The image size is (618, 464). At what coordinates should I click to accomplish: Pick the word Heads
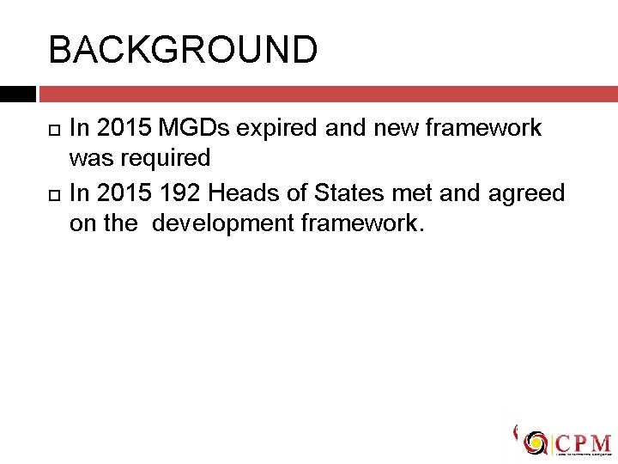point(245,192)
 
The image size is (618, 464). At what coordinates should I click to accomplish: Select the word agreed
point(527,194)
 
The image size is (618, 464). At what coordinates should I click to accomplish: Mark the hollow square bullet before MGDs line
point(54,129)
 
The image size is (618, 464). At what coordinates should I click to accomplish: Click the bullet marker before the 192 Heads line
point(54,193)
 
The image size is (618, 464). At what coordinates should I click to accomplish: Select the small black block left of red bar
point(17,94)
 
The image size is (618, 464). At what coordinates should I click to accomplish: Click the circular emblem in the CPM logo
point(536,443)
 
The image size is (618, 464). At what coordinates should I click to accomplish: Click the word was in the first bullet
point(88,158)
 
